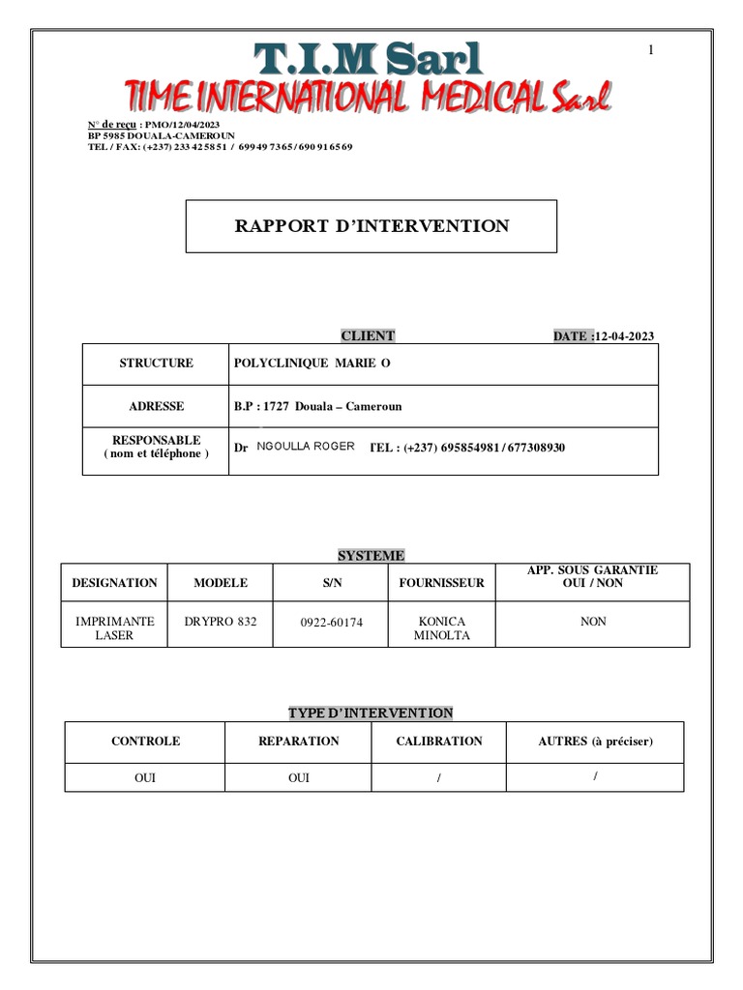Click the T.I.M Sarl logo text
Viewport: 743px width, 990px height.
(x=368, y=59)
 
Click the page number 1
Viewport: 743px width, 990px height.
(x=651, y=50)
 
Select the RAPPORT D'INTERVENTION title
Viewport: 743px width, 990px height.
(x=371, y=226)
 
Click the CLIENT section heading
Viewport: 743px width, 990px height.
(x=368, y=336)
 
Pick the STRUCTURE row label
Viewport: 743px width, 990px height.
(x=156, y=364)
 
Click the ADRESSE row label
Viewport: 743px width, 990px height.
(x=156, y=407)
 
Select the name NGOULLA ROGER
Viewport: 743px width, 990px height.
(x=306, y=447)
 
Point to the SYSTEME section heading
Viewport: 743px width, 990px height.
(x=371, y=556)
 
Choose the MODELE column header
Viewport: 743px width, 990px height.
(x=221, y=583)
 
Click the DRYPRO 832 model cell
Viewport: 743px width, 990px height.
(x=221, y=622)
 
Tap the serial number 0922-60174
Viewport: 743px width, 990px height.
(x=331, y=623)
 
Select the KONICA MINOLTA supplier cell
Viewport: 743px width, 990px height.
(x=441, y=628)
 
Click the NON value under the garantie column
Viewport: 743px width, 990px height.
(x=593, y=622)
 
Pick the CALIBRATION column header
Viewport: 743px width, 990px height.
(x=439, y=742)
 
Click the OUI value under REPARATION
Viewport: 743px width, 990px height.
(x=299, y=778)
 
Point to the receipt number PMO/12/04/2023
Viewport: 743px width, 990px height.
(x=184, y=126)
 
